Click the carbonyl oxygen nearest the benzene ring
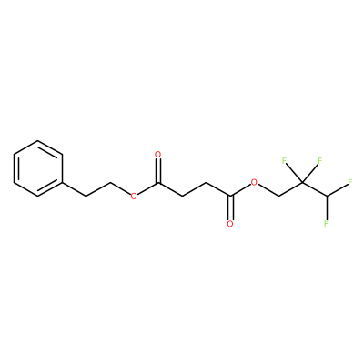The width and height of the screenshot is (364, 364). tap(157, 155)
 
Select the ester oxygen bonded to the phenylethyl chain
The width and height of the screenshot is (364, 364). tap(134, 197)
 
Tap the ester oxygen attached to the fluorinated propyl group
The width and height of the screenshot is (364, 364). tap(254, 182)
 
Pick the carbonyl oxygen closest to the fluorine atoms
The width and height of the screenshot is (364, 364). tap(230, 224)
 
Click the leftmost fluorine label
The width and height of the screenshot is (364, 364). tap(285, 160)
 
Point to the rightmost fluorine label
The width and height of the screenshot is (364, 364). tap(350, 182)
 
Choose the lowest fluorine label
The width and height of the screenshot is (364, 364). tap(327, 224)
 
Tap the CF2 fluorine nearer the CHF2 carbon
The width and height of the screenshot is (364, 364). tap(319, 160)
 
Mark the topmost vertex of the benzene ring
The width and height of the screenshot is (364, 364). tap(38, 140)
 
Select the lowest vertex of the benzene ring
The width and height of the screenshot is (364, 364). tap(38, 197)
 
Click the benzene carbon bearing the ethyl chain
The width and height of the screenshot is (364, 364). tap(63, 182)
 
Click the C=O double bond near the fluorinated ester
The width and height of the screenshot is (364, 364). tap(230, 207)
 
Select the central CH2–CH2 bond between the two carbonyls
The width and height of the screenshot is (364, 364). tap(195, 189)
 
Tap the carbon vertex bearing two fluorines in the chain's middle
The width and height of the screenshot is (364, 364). tap(302, 182)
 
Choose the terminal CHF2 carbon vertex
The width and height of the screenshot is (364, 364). tap(327, 197)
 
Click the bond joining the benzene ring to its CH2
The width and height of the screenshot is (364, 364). tap(75, 189)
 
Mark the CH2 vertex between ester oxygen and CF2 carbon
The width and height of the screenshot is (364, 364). tap(278, 197)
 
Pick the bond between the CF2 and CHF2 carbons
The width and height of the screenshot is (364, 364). tap(314, 189)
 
